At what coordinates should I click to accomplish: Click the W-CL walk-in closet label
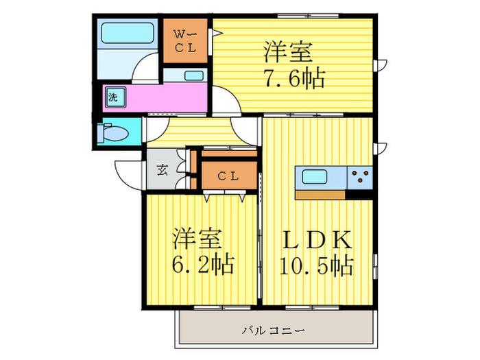click(x=185, y=41)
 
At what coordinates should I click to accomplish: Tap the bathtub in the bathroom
click(x=127, y=33)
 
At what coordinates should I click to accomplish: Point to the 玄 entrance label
click(x=163, y=170)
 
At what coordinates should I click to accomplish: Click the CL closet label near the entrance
click(x=228, y=176)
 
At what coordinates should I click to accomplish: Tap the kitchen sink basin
click(x=314, y=177)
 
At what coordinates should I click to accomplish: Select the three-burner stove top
click(x=360, y=177)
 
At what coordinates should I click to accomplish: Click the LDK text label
click(x=317, y=240)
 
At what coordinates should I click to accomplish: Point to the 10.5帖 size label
click(x=317, y=265)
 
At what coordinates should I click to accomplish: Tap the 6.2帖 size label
click(x=203, y=264)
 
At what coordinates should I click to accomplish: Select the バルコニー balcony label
click(x=274, y=331)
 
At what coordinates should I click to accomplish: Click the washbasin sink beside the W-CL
click(x=194, y=75)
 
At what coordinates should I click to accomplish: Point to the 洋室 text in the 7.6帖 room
click(x=288, y=52)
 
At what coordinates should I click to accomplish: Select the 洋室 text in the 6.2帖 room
click(x=197, y=238)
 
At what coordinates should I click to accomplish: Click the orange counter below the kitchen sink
click(x=320, y=195)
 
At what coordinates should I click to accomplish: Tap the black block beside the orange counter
click(x=359, y=195)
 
